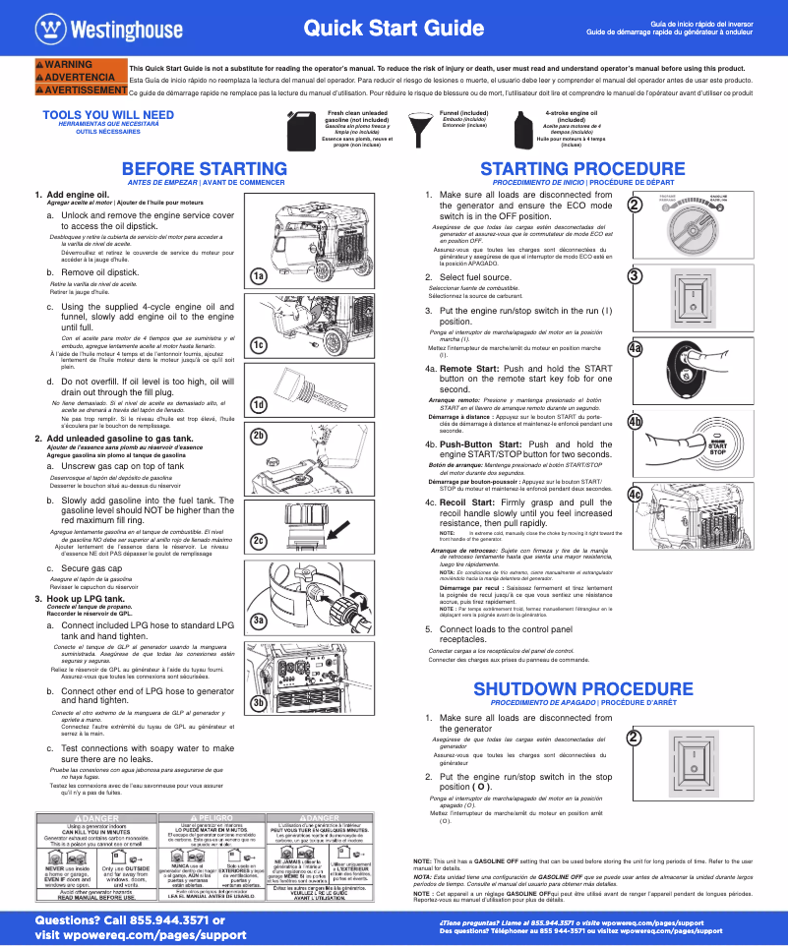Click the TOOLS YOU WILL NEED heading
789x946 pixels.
pos(108,115)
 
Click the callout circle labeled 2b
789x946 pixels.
pos(259,434)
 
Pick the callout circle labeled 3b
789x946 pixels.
pos(259,702)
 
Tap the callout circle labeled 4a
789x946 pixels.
pos(636,348)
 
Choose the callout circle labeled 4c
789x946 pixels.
pos(636,494)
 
